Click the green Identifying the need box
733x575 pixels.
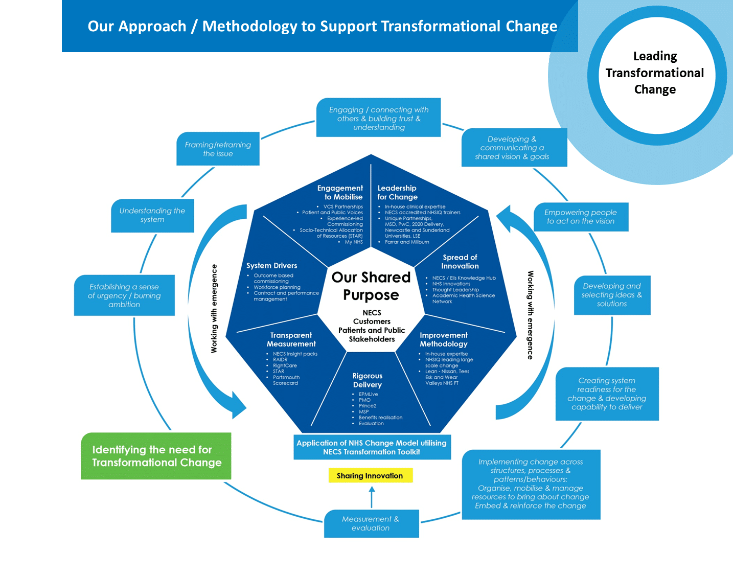[x=156, y=456]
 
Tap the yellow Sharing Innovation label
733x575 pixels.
[x=370, y=476]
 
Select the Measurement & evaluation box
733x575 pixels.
[x=371, y=523]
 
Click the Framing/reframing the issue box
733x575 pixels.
[x=218, y=149]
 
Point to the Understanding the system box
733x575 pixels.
[x=152, y=215]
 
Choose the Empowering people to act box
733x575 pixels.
[x=581, y=217]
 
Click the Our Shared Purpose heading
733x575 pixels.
[x=371, y=286]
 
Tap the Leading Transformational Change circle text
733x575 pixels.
[x=655, y=73]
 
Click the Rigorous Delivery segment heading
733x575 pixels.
[x=368, y=380]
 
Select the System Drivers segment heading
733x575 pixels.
[x=271, y=266]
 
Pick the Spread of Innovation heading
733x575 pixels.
[x=460, y=262]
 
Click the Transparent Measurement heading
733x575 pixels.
[x=291, y=339]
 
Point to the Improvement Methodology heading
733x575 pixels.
[x=444, y=339]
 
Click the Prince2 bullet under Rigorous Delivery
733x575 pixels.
[x=368, y=406]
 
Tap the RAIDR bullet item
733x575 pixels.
[x=280, y=360]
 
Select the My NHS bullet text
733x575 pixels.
[x=354, y=242]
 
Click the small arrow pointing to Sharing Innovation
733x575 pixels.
[x=372, y=496]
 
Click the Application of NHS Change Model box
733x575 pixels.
[x=372, y=447]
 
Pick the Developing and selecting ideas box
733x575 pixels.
[x=612, y=295]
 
